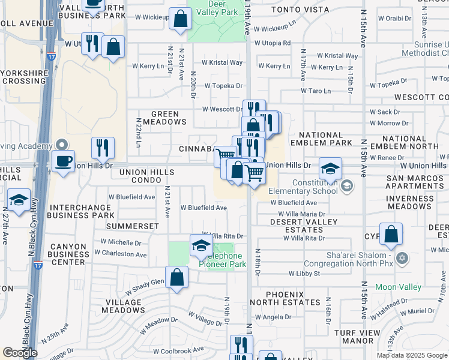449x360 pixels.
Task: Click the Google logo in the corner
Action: coord(20,352)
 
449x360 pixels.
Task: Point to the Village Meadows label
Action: coord(125,306)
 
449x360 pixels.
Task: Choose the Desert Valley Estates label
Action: coord(296,226)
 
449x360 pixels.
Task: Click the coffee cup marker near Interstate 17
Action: coord(62,160)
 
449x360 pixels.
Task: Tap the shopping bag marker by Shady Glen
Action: coord(176,278)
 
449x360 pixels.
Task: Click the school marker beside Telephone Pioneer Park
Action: coord(200,244)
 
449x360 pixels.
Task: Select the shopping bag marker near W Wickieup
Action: coord(180,19)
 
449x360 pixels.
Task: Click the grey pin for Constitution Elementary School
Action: coord(346,187)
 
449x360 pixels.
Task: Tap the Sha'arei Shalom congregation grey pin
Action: coord(402,259)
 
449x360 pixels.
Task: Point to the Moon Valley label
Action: coord(398,287)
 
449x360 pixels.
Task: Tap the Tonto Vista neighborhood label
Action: coord(293,10)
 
